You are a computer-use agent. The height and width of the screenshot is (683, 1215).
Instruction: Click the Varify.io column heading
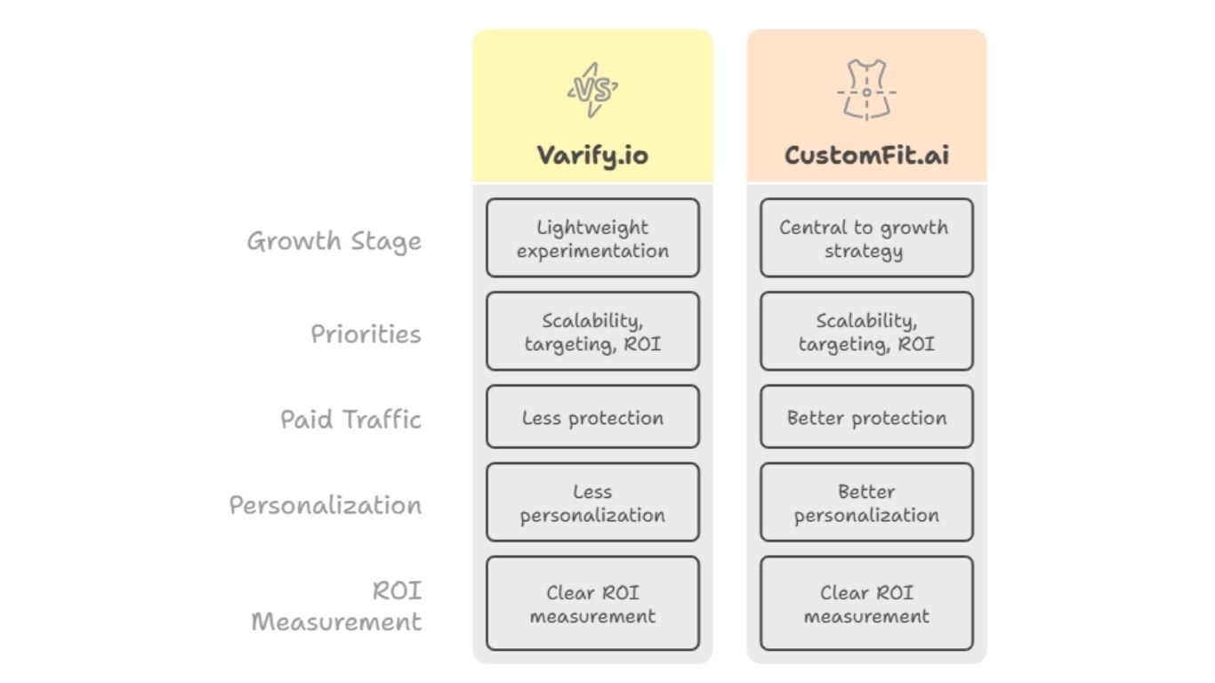[x=592, y=155]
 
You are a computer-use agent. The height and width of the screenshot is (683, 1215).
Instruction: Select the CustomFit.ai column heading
[x=866, y=155]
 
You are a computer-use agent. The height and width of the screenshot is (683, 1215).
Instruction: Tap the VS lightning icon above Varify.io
[x=592, y=90]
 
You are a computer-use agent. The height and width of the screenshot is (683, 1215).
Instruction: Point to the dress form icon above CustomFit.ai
[x=866, y=90]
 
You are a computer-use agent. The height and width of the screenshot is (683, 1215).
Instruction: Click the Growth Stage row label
[x=334, y=241]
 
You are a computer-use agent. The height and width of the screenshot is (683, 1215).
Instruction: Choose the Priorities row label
[x=366, y=334]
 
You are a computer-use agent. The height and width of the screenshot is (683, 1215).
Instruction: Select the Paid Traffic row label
[x=350, y=419]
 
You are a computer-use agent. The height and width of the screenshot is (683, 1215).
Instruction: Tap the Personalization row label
[x=326, y=505]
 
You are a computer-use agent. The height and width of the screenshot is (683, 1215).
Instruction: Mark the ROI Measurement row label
[x=336, y=606]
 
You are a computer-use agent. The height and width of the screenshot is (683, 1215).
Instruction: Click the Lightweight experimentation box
[x=592, y=238]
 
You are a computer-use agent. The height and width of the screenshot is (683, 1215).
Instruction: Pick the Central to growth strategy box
[x=866, y=238]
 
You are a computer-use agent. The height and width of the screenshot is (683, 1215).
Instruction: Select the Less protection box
[x=592, y=417]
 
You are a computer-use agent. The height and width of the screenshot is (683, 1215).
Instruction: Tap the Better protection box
[x=866, y=417]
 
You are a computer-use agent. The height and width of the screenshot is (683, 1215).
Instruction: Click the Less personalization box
[x=592, y=502]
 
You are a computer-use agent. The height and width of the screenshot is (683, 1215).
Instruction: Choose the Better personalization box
[x=866, y=502]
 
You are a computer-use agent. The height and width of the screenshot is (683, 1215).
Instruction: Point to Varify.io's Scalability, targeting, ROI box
[x=592, y=332]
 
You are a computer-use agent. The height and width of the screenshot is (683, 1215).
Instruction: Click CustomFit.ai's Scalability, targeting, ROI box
[x=866, y=332]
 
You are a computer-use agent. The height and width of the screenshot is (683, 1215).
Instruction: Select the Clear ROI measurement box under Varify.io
[x=592, y=604]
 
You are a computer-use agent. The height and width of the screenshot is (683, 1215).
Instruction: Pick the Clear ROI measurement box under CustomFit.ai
[x=866, y=604]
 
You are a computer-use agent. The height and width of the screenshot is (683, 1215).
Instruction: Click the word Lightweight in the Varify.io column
[x=592, y=228]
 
